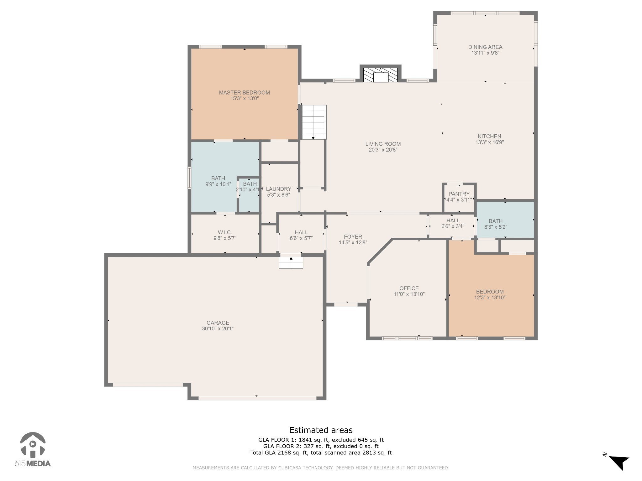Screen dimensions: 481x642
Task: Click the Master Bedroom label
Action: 244,93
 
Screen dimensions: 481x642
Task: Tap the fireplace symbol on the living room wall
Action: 380,75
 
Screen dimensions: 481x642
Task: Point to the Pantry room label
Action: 459,194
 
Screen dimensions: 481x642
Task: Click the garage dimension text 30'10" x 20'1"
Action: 218,328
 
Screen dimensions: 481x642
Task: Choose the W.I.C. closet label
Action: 225,232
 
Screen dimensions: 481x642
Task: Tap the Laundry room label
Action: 278,189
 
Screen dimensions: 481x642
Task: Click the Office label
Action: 409,288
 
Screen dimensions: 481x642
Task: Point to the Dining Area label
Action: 485,47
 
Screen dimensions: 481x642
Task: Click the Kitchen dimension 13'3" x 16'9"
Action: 489,142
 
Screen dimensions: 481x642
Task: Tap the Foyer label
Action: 353,237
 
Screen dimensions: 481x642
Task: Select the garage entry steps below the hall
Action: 291,262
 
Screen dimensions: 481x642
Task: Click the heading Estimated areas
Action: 321,430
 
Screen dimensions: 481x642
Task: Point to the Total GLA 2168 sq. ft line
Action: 321,453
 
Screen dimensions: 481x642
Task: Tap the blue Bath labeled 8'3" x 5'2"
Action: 495,224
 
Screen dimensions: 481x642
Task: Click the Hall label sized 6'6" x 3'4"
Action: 453,220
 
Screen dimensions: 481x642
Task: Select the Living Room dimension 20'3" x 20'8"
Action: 383,150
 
